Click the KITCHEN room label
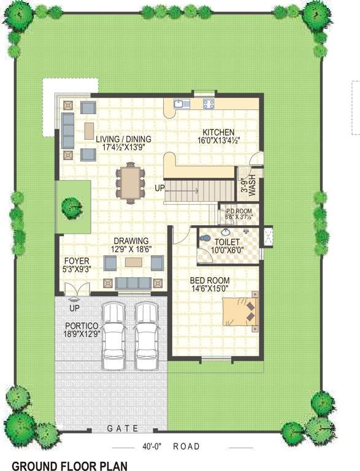(x=218, y=132)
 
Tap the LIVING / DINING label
(x=123, y=139)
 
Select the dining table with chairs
(x=130, y=182)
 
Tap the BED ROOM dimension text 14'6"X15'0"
(x=209, y=288)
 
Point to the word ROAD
(x=186, y=446)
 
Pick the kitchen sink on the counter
(x=182, y=104)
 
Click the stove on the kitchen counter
(x=209, y=104)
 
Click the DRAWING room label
(x=131, y=240)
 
